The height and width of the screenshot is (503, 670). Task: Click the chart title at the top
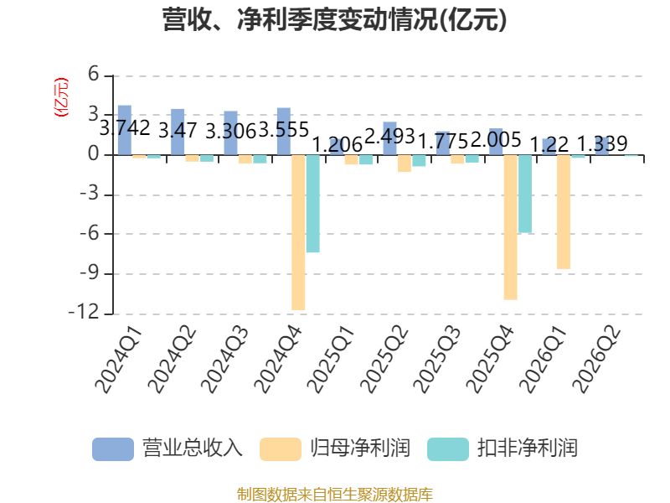pos(334,19)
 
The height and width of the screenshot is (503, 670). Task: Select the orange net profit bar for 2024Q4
pos(298,232)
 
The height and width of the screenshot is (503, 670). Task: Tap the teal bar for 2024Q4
pos(312,204)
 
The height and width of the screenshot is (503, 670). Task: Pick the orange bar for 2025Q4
pos(511,227)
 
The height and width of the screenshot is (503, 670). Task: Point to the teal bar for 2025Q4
pos(525,194)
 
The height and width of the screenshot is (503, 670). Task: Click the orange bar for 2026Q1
pos(564,212)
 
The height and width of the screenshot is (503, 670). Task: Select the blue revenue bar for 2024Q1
pos(125,130)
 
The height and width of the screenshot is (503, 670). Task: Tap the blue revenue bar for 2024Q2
pos(178,132)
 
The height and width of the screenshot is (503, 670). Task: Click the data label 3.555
pos(284,130)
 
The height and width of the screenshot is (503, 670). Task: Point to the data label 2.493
pos(390,137)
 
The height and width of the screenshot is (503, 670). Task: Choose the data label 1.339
pos(602,143)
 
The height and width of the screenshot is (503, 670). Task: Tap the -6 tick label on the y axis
pos(89,234)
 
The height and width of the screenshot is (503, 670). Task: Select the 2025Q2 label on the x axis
pos(384,360)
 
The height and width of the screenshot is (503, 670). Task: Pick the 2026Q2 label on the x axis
pos(596,360)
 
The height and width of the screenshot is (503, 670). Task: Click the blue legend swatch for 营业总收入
pos(113,449)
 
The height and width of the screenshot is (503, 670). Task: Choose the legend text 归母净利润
pos(360,449)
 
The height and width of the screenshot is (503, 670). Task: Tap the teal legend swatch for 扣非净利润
pos(448,449)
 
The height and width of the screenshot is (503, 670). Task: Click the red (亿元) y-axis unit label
pos(60,97)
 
